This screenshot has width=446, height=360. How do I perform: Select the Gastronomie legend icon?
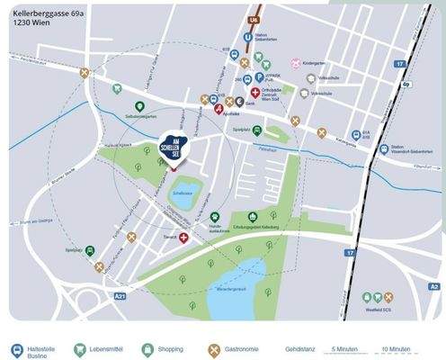pos(215,347)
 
